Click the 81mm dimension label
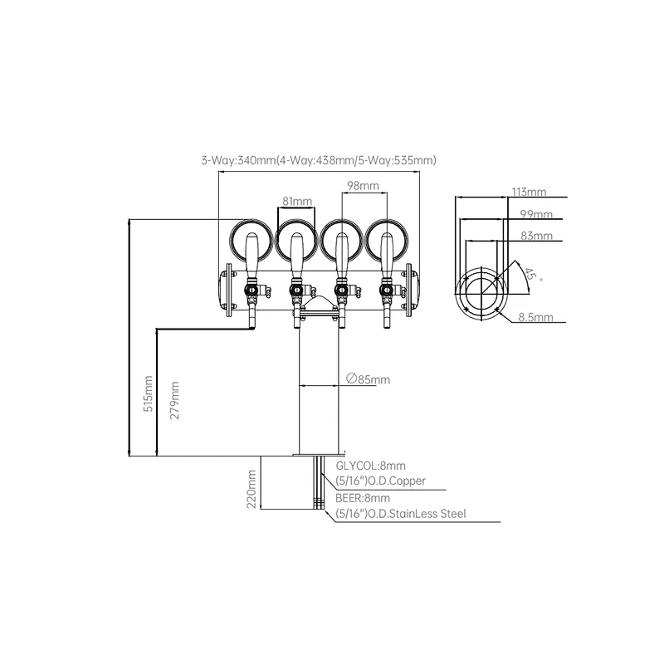pos(297,201)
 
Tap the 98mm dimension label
pos(363,185)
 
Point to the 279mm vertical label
pos(174,400)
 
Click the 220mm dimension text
pos(251,489)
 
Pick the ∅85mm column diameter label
pos(368,379)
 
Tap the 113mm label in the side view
pos(529,192)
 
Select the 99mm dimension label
pos(536,214)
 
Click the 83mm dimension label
pos(536,236)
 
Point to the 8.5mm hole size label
pos(535,317)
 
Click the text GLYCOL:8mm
pos(370,466)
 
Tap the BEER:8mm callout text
pos(363,498)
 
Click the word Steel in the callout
pos(453,514)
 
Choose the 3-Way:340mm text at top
pos(238,160)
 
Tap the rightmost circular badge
pos(387,241)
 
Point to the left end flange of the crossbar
pos(230,290)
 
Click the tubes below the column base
pos(319,482)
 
